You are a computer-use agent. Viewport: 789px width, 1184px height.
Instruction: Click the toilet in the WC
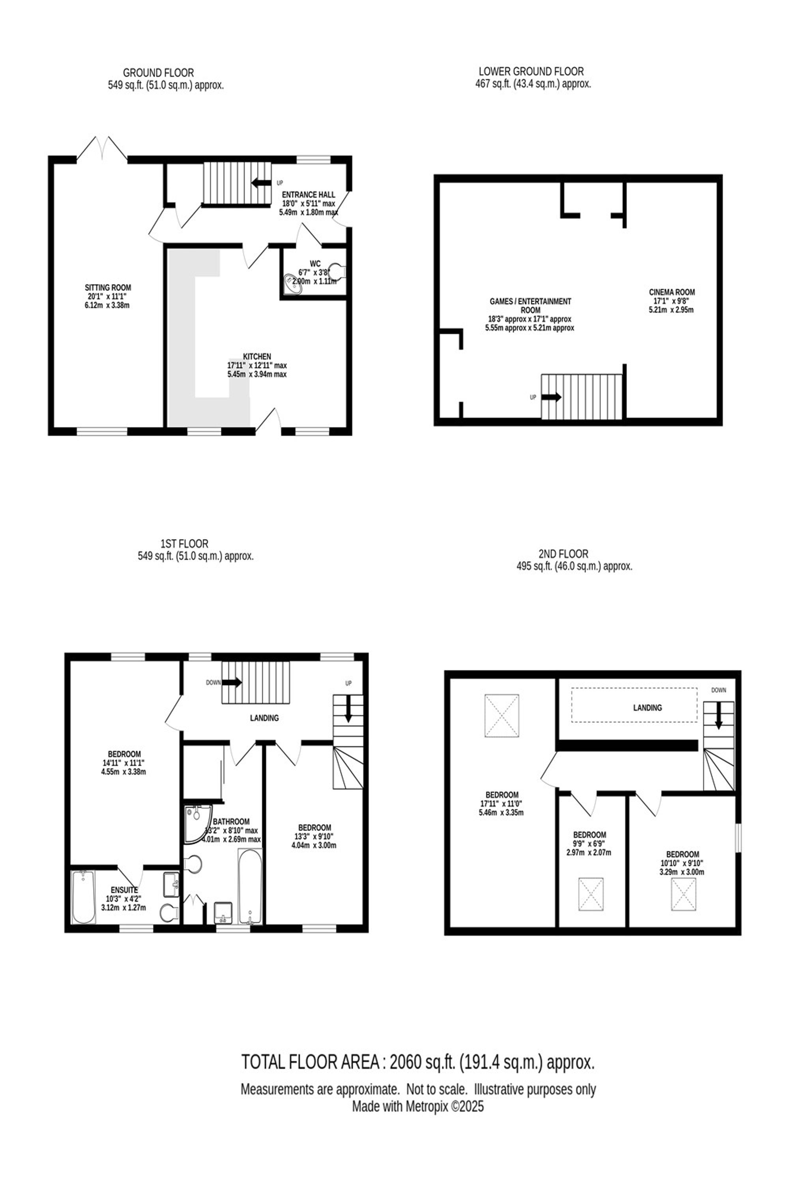[340, 272]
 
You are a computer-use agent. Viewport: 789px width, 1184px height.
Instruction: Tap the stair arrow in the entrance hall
[261, 183]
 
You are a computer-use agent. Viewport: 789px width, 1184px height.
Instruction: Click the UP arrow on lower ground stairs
[552, 397]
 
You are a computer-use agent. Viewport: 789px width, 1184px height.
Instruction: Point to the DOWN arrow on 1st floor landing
[232, 683]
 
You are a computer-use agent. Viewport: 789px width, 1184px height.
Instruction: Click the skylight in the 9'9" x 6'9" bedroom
[591, 894]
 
